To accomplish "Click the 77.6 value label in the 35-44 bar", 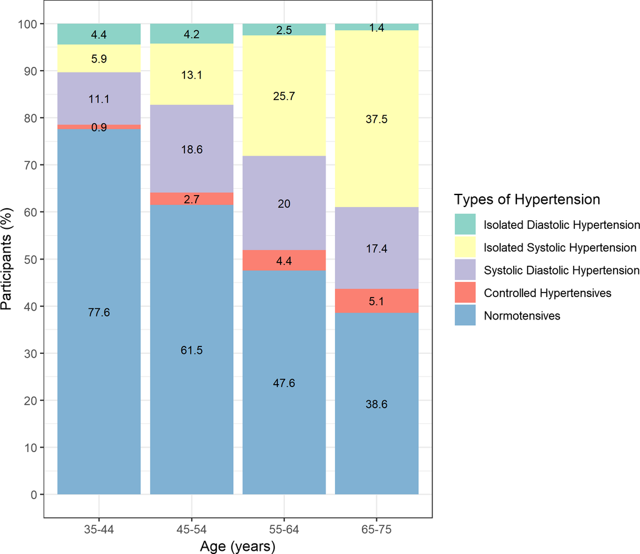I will pyautogui.click(x=99, y=313).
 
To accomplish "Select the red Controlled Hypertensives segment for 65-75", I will pyautogui.click(x=376, y=301).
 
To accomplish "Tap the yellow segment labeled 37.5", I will pyautogui.click(x=376, y=119).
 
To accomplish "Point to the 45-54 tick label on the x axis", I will pyautogui.click(x=191, y=529).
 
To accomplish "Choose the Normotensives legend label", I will pyautogui.click(x=522, y=316).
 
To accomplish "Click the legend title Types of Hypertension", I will pyautogui.click(x=527, y=199).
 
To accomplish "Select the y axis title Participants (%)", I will pyautogui.click(x=9, y=259).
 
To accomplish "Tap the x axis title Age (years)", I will pyautogui.click(x=237, y=546).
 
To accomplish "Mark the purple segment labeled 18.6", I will pyautogui.click(x=191, y=149).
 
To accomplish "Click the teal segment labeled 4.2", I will pyautogui.click(x=191, y=34).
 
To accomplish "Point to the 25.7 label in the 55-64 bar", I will pyautogui.click(x=284, y=96).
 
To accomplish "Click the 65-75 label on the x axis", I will pyautogui.click(x=376, y=529).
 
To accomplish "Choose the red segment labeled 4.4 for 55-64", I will pyautogui.click(x=284, y=260).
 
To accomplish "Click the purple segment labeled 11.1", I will pyautogui.click(x=99, y=99).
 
